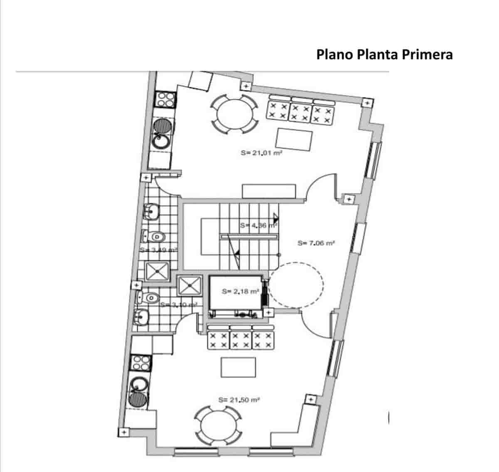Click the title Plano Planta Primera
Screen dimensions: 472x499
click(384, 54)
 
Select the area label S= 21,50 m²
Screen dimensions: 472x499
click(239, 400)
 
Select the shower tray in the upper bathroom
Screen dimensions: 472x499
click(157, 271)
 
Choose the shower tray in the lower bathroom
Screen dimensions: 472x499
click(190, 285)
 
